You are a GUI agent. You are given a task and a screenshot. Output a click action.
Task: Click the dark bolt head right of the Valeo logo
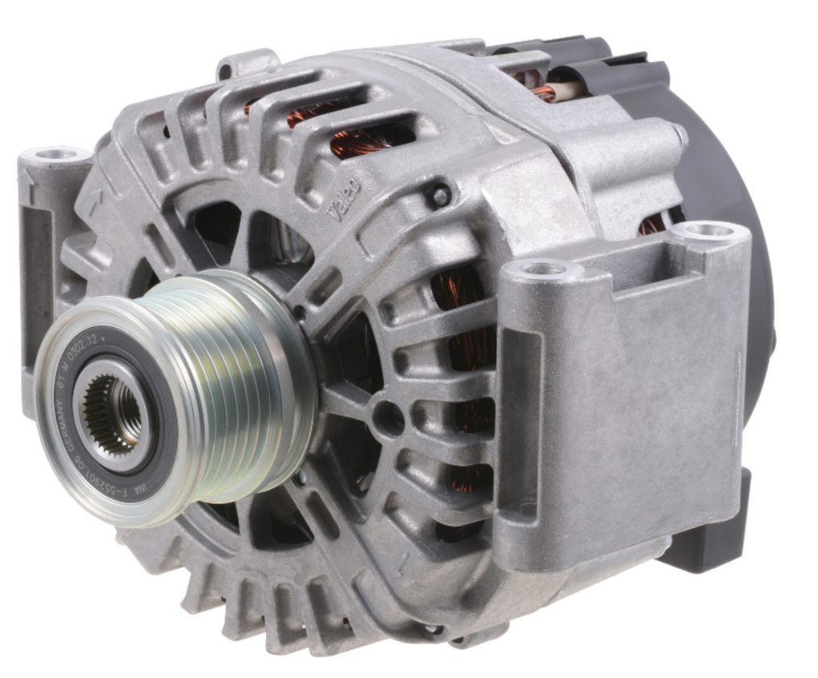coord(439,195)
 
